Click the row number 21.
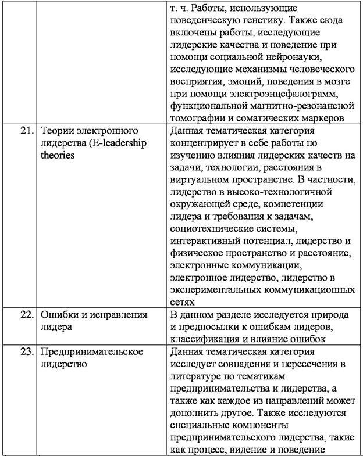tap(24, 130)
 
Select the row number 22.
tap(24, 315)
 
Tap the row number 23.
tap(24, 352)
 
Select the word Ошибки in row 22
tap(57, 315)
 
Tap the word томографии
tap(196, 118)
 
